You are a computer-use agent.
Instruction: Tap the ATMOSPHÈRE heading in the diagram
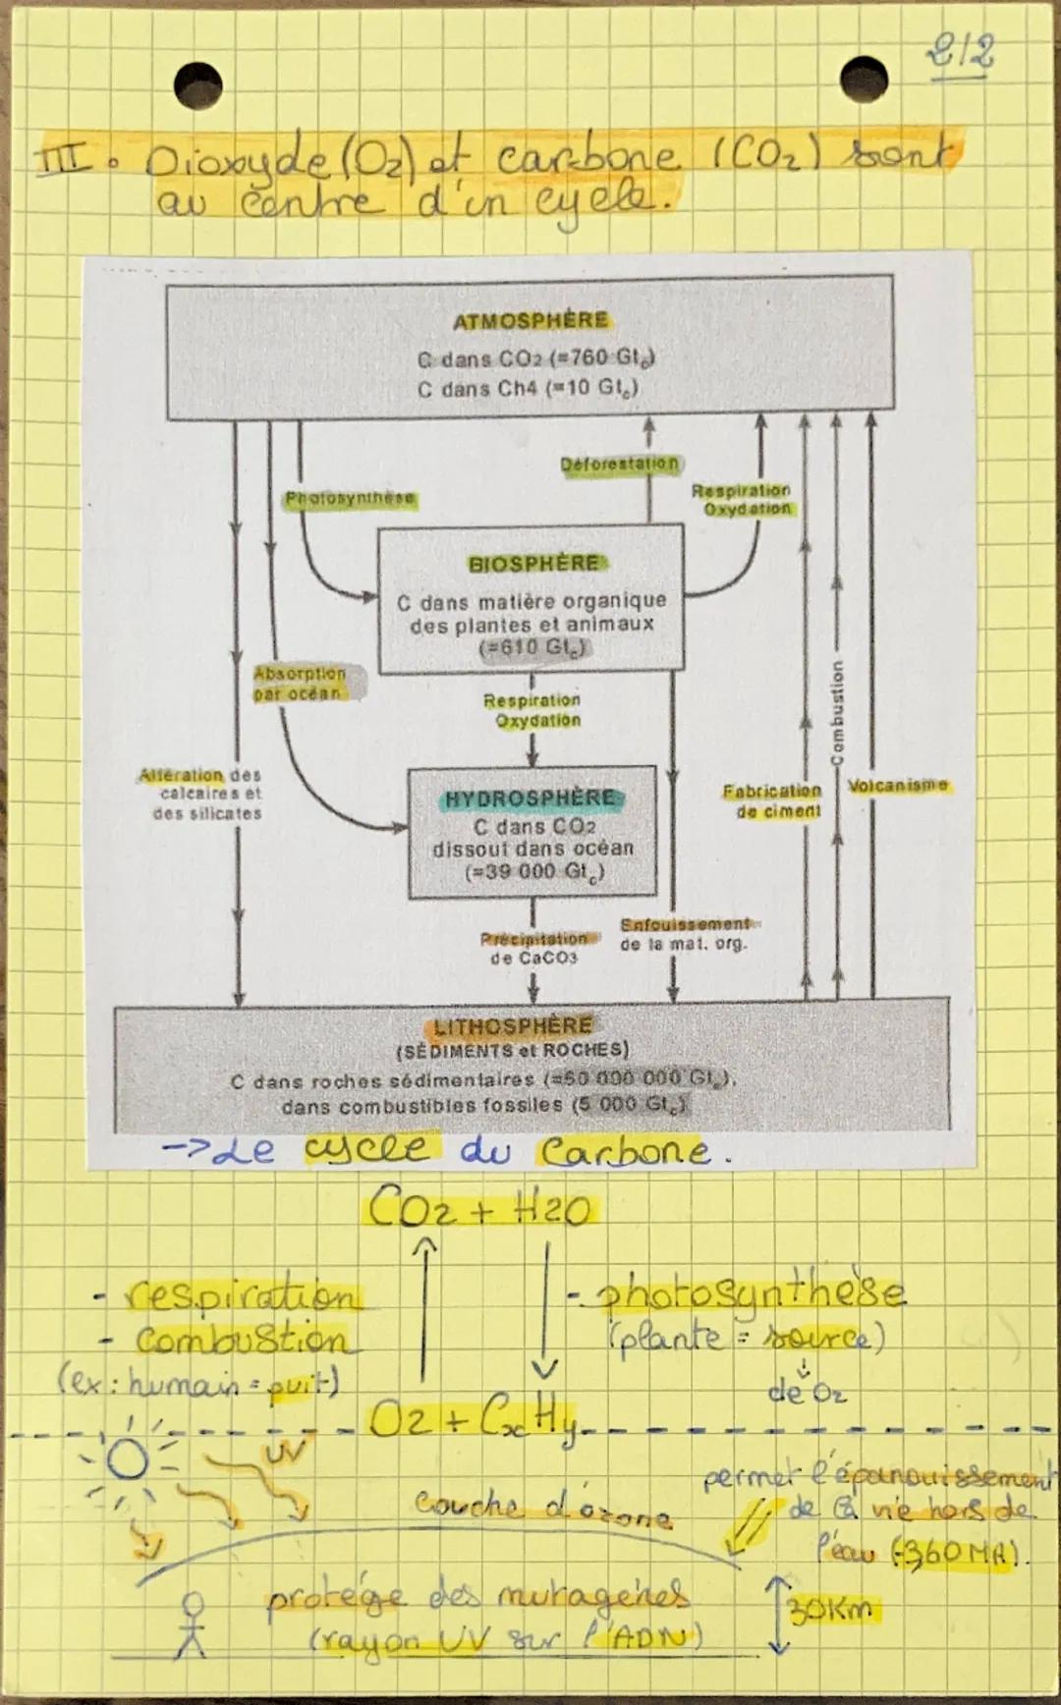pyautogui.click(x=530, y=321)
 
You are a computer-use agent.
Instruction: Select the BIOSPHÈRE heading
pyautogui.click(x=533, y=564)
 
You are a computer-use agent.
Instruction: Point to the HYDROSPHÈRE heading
pyautogui.click(x=531, y=798)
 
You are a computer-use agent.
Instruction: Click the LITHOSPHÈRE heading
pyautogui.click(x=513, y=1026)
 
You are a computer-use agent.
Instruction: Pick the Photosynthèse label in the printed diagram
pyautogui.click(x=350, y=499)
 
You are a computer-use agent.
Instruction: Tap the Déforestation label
pyautogui.click(x=619, y=464)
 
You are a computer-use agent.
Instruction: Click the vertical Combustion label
pyautogui.click(x=837, y=712)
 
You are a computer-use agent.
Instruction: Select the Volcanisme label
pyautogui.click(x=898, y=786)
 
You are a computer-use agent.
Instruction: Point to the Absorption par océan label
pyautogui.click(x=300, y=684)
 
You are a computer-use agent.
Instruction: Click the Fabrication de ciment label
pyautogui.click(x=773, y=800)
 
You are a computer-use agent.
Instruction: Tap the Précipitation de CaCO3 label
pyautogui.click(x=533, y=948)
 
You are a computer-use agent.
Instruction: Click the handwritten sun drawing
pyautogui.click(x=128, y=1460)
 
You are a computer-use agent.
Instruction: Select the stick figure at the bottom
pyautogui.click(x=195, y=1625)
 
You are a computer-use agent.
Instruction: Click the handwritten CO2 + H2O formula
pyautogui.click(x=480, y=1209)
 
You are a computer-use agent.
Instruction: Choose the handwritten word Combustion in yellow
pyautogui.click(x=241, y=1340)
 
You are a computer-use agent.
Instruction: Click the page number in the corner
pyautogui.click(x=960, y=51)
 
